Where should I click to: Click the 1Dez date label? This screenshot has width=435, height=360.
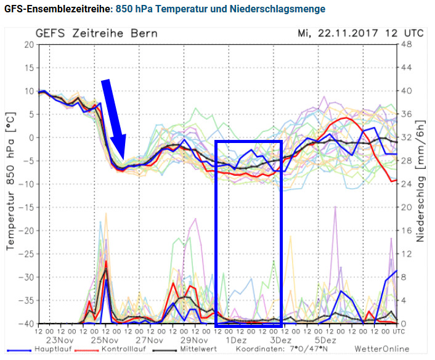click(235, 339)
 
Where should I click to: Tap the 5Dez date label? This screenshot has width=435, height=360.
click(326, 339)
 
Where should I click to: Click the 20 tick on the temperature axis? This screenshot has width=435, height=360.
click(28, 44)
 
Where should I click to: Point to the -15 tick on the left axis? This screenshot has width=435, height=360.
click(26, 207)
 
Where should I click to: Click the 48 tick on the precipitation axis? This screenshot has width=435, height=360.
click(407, 44)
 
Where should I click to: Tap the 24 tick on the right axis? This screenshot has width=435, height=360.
click(407, 184)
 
